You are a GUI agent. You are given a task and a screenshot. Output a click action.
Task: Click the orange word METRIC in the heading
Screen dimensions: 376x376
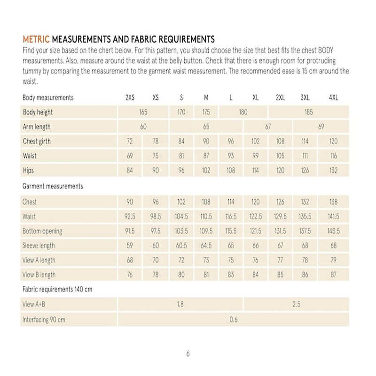pos(36,39)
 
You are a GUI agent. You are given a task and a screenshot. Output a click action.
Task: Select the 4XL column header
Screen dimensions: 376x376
pos(333,98)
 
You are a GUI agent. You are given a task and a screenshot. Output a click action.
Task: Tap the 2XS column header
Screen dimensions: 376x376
pos(130,98)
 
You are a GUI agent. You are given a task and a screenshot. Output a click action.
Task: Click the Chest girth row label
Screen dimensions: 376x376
pos(37,141)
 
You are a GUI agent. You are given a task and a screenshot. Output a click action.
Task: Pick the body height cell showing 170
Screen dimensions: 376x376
pos(181,112)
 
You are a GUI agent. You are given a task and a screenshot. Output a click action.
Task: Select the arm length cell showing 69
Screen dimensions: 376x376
pos(321,127)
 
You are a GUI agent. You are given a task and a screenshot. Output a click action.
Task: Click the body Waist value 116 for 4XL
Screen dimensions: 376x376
pos(333,156)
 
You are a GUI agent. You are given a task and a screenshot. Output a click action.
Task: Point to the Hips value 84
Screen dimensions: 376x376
pos(130,171)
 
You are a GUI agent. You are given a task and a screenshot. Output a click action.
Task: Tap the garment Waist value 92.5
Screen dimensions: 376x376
pos(130,217)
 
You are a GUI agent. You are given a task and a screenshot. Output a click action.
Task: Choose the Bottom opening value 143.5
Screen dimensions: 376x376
pos(333,231)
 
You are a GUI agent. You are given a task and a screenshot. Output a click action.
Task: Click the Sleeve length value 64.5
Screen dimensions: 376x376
pos(206,246)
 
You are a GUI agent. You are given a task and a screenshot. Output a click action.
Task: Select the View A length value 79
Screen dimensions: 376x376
pos(333,260)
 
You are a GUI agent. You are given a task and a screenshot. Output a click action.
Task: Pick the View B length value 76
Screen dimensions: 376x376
pos(130,275)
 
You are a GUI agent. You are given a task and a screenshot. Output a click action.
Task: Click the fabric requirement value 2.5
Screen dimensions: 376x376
pos(296,305)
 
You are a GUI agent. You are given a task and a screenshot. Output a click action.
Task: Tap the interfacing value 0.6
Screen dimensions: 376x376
pos(234,320)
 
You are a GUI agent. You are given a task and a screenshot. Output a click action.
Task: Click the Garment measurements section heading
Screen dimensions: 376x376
pos(53,186)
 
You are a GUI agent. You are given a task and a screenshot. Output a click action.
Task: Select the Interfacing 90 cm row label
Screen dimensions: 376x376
pos(44,320)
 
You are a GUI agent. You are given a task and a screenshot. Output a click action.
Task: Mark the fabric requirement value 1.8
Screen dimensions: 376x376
pos(180,305)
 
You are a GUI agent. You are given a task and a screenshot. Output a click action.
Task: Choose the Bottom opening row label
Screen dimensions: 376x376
pos(42,231)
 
